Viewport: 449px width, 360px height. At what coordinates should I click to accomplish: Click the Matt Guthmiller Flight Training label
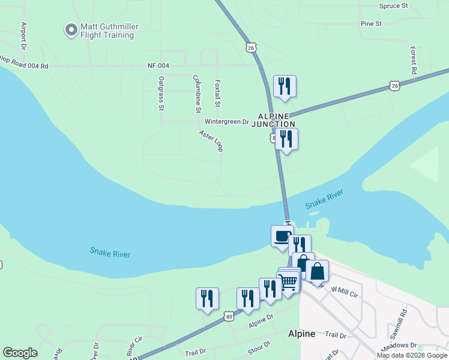[x=107, y=30]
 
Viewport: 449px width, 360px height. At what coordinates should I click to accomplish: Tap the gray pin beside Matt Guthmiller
[x=71, y=29]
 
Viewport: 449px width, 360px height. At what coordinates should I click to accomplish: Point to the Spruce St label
[x=393, y=5]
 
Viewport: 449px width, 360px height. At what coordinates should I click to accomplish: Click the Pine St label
[x=371, y=23]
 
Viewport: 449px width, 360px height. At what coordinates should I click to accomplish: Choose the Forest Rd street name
[x=414, y=60]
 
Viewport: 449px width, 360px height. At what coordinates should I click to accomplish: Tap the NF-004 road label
[x=159, y=66]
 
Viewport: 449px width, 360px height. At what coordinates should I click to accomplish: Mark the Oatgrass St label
[x=161, y=93]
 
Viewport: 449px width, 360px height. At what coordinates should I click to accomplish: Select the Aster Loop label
[x=211, y=139]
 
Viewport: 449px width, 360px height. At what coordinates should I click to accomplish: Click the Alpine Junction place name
[x=277, y=119]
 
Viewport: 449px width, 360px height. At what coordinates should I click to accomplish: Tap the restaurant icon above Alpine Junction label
[x=285, y=86]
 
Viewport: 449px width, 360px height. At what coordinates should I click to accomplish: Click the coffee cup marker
[x=282, y=236]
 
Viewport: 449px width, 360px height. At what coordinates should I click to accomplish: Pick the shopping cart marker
[x=289, y=280]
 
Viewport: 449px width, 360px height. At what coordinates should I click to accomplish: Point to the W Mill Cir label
[x=345, y=292]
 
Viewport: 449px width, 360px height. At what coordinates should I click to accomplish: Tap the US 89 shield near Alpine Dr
[x=228, y=316]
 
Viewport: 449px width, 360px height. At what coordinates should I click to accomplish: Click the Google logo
[x=20, y=353]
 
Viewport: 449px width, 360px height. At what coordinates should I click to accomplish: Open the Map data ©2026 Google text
[x=412, y=355]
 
